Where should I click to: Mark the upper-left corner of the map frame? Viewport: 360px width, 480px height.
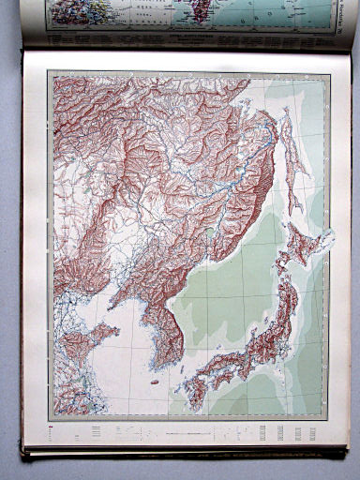point(51,74)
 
